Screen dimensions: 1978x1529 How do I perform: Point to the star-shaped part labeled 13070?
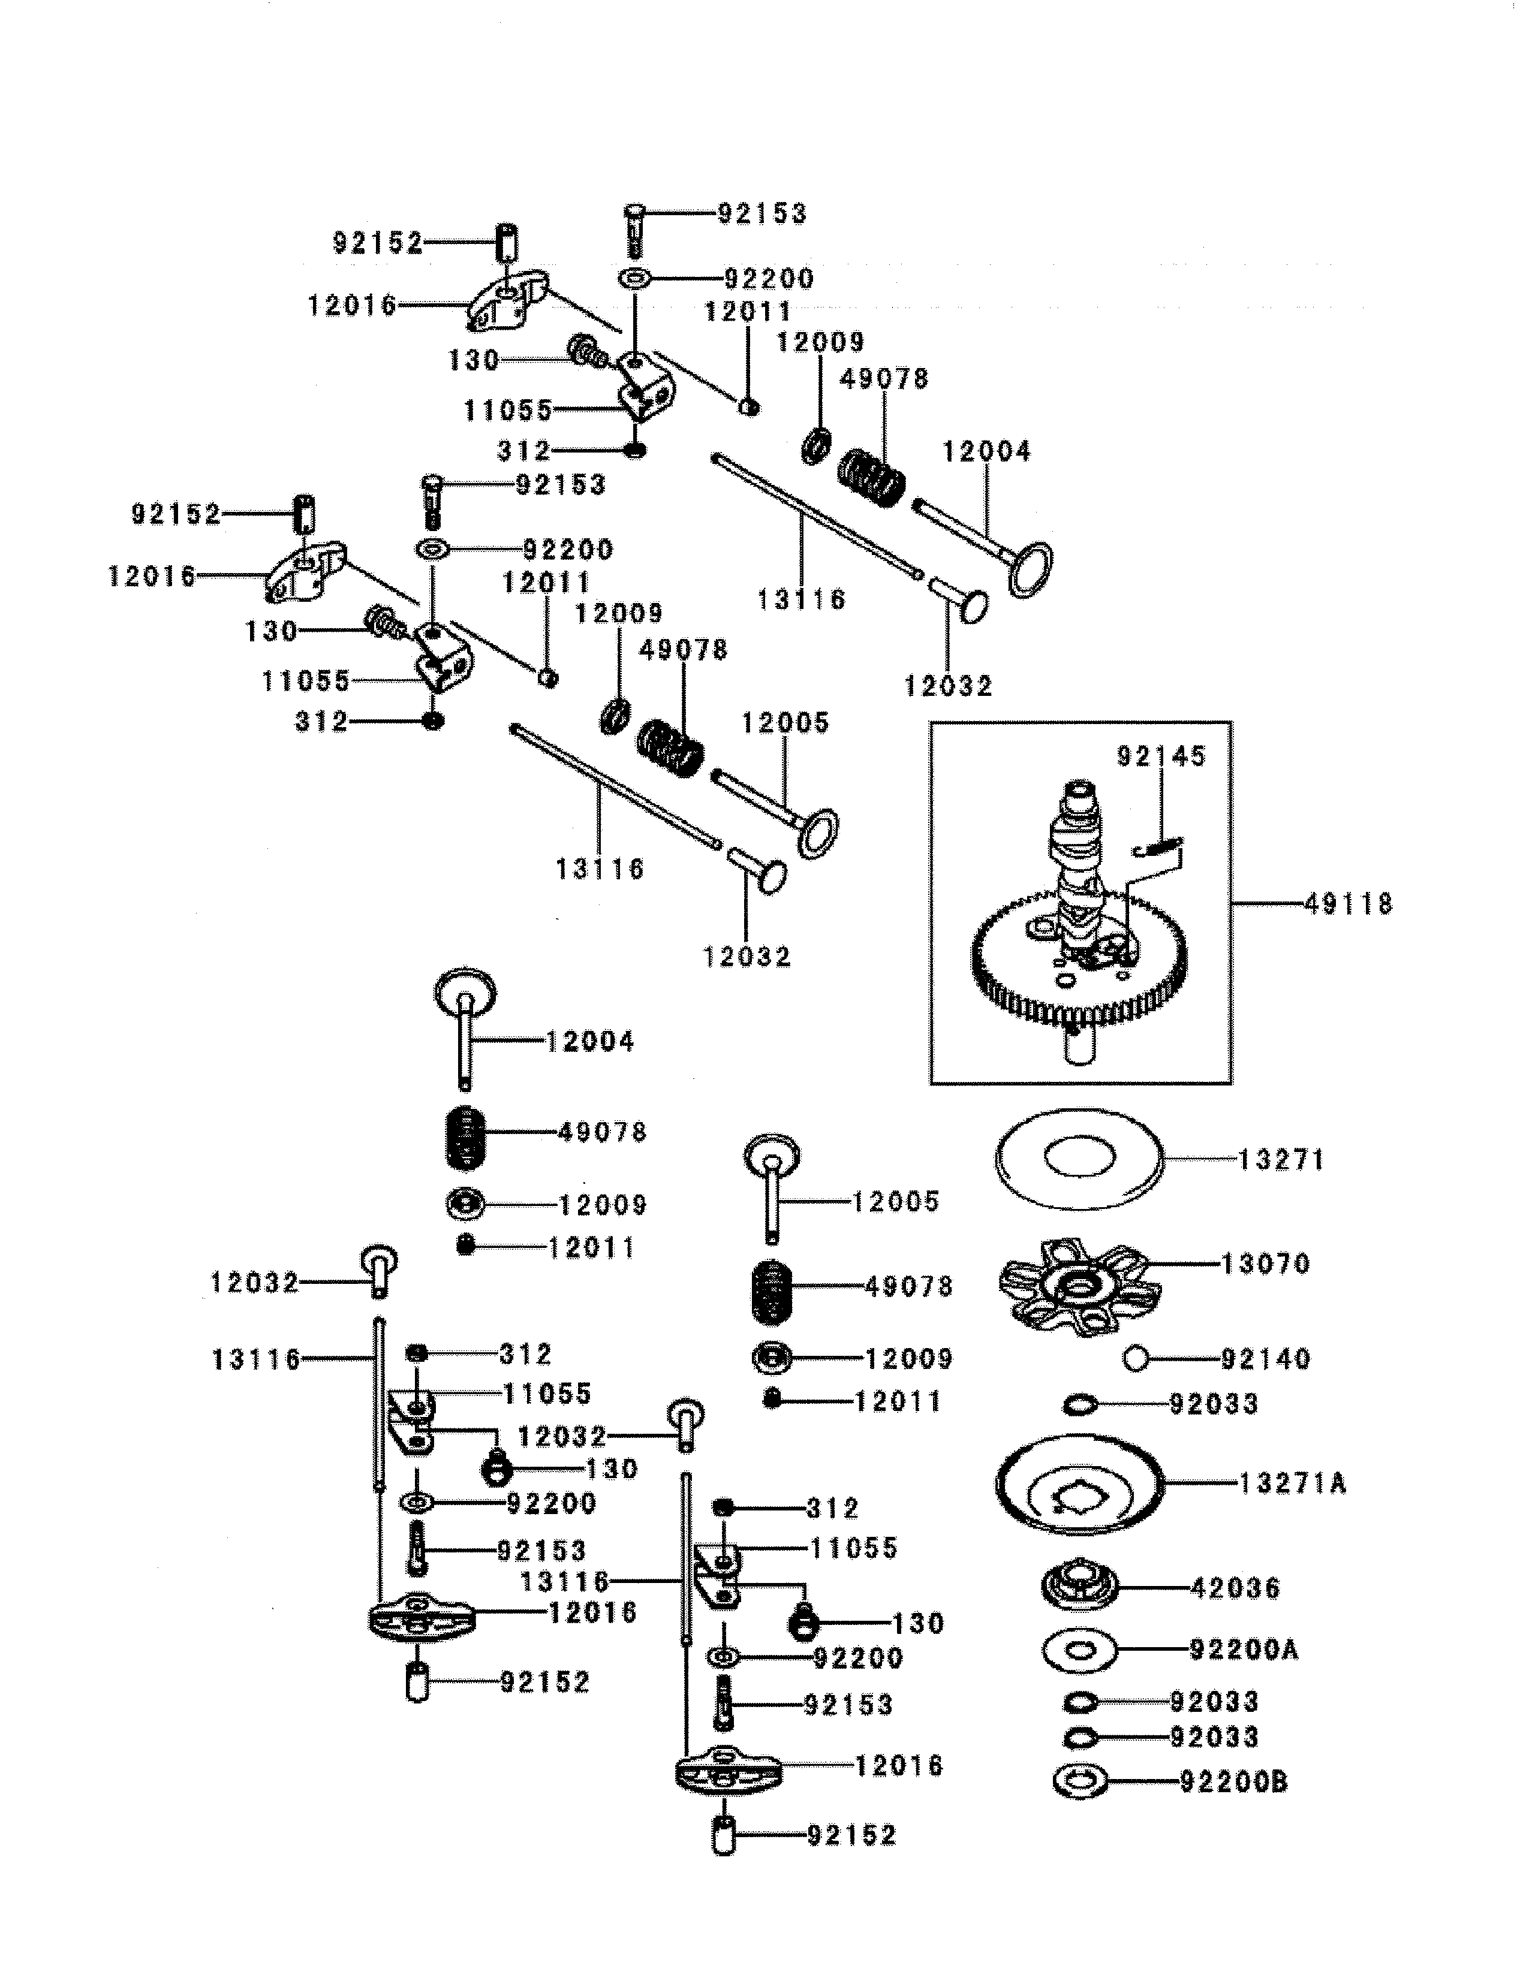click(x=1078, y=1286)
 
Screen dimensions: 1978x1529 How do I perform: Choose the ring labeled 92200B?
click(x=1080, y=1781)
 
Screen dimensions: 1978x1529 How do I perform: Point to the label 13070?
click(x=1265, y=1264)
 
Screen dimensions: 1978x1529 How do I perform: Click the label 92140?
click(x=1265, y=1358)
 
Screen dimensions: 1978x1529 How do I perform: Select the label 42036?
click(x=1236, y=1587)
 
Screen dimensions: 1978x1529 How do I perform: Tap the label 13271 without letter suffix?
click(x=1281, y=1159)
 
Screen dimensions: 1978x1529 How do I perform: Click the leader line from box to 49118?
click(x=1268, y=903)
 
